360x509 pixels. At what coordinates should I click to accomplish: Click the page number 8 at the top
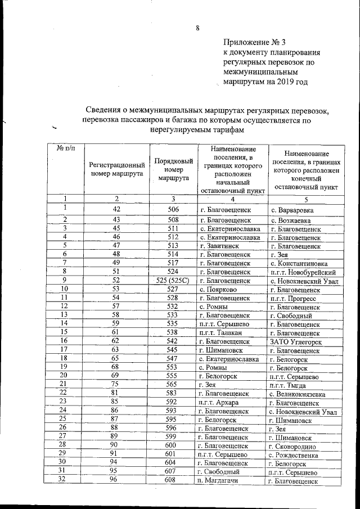pyautogui.click(x=197, y=28)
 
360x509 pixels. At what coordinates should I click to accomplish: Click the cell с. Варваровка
pyautogui.click(x=291, y=210)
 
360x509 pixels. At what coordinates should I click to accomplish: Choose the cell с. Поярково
pyautogui.click(x=217, y=290)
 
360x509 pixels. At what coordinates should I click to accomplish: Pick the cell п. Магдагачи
pyautogui.click(x=219, y=481)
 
